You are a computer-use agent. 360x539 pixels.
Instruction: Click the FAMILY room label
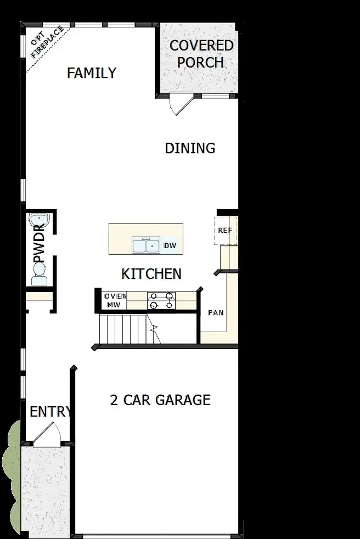[91, 73]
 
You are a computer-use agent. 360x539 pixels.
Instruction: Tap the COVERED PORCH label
[201, 54]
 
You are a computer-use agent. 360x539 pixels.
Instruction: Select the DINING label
[190, 148]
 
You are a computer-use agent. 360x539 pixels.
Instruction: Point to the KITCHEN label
[151, 273]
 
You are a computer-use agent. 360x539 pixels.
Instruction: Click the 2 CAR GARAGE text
[160, 400]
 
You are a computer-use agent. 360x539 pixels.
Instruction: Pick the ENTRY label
[50, 412]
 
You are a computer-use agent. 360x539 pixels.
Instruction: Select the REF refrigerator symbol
[225, 231]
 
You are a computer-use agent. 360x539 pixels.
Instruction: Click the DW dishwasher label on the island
[170, 246]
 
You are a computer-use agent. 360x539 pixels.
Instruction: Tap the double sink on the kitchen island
[145, 246]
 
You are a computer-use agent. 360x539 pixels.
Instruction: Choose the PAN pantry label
[215, 313]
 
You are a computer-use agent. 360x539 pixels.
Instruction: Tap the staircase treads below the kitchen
[122, 328]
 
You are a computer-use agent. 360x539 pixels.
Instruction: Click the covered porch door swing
[180, 104]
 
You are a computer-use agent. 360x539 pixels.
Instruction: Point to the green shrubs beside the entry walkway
[11, 472]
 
